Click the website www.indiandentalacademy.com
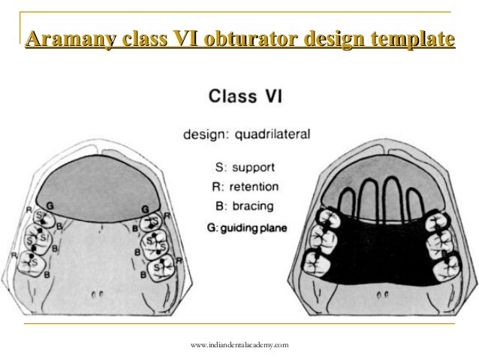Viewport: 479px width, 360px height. pyautogui.click(x=239, y=345)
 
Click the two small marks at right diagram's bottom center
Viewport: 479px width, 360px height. pyautogui.click(x=381, y=294)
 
